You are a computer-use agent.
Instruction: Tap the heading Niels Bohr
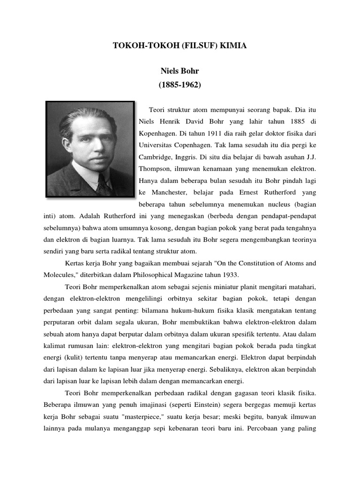(180, 72)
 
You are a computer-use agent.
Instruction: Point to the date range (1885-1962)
(180, 85)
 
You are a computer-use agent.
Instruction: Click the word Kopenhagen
(159, 133)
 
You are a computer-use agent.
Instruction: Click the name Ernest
(248, 192)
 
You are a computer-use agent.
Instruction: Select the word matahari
(300, 286)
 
